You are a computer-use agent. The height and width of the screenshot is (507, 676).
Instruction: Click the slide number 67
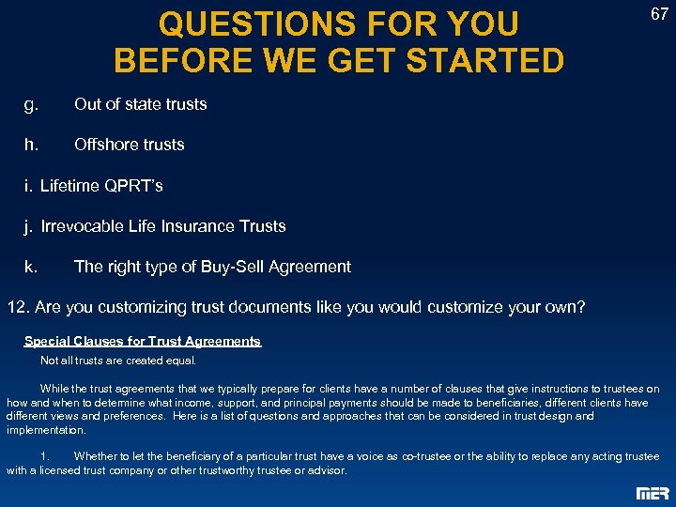(658, 14)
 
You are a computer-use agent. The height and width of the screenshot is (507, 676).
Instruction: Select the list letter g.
(31, 104)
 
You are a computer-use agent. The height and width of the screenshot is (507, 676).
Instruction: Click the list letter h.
(31, 145)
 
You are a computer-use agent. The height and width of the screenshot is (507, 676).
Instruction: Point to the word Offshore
(104, 145)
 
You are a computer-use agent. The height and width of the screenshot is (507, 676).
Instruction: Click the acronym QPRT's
(131, 186)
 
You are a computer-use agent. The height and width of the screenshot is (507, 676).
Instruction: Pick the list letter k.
(31, 267)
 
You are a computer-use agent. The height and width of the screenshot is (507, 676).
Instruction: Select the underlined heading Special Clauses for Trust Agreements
(143, 342)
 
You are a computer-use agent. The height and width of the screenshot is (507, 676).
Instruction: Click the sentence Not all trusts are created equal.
(118, 361)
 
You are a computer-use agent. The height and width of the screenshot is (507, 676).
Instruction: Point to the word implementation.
(46, 430)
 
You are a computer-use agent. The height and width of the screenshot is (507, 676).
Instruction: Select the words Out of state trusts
(141, 104)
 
